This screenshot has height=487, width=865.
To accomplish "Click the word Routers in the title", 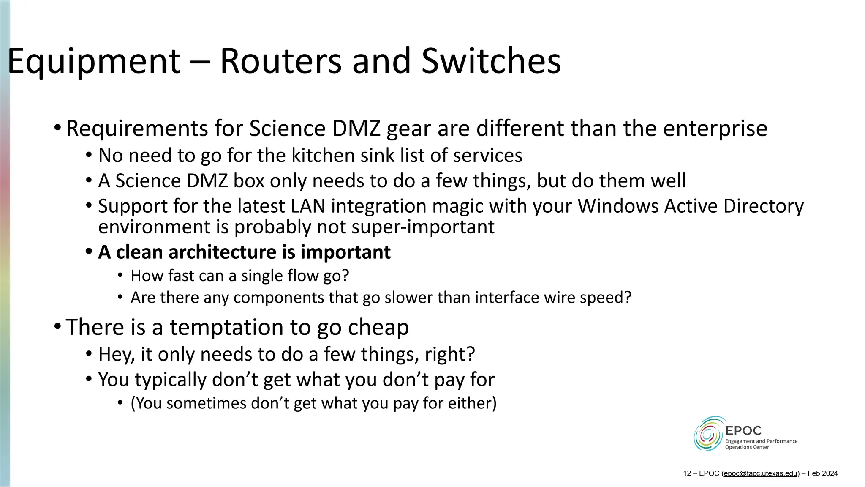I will pyautogui.click(x=280, y=61).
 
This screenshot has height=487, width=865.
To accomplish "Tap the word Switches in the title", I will pyautogui.click(x=491, y=61).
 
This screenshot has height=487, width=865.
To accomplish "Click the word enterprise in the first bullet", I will pyautogui.click(x=715, y=129).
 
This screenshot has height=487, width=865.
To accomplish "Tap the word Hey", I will pyautogui.click(x=116, y=355).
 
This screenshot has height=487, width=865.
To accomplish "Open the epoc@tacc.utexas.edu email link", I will pyautogui.click(x=761, y=473).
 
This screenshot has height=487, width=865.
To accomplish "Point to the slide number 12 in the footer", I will pyautogui.click(x=687, y=473).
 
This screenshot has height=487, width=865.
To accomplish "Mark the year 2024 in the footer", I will pyautogui.click(x=830, y=473).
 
